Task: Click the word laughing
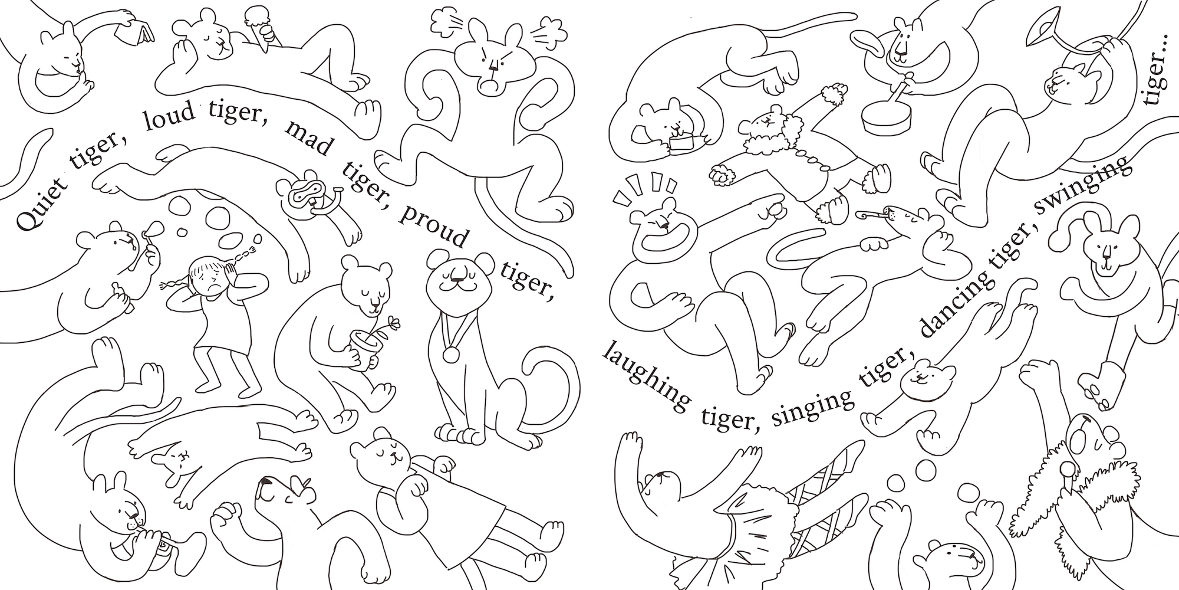[646, 378]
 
